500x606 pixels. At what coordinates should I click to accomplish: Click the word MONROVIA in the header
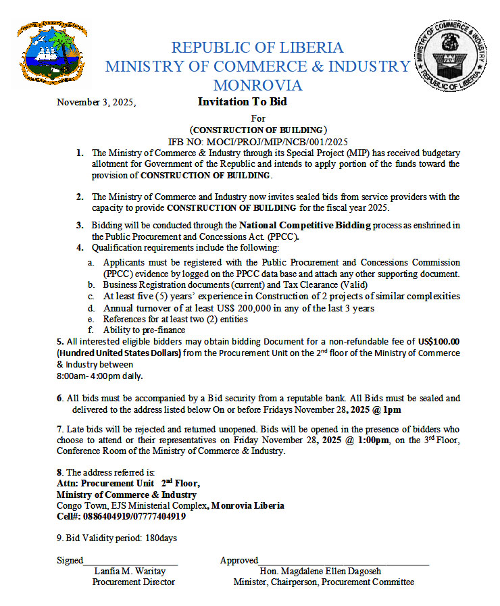tap(257, 86)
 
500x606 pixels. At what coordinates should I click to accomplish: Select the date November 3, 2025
tap(96, 103)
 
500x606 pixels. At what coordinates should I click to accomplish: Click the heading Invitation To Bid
tap(242, 101)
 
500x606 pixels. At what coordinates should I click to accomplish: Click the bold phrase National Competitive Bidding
tap(305, 225)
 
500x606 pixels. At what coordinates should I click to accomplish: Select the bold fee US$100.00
tap(439, 342)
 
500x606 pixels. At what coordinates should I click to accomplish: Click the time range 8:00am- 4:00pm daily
tap(100, 376)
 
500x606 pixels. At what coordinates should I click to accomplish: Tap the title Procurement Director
tap(134, 582)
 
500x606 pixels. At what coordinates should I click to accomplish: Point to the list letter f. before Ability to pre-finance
tap(91, 330)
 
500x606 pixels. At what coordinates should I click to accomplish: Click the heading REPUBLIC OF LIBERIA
tap(257, 48)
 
